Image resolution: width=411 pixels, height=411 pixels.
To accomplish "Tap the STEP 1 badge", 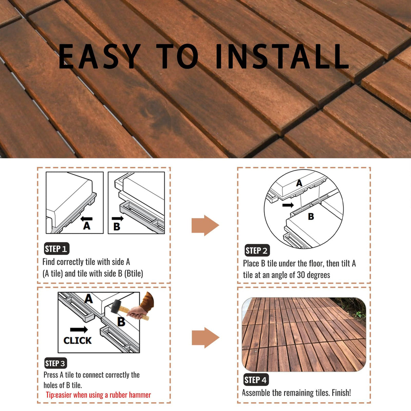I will coord(57,249).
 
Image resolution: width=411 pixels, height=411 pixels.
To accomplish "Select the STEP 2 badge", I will coord(257,251).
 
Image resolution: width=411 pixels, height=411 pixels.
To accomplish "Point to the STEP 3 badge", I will coord(56,363).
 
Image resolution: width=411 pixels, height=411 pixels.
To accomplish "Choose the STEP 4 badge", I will coord(256,380).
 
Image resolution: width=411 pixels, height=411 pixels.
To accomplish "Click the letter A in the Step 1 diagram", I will coord(87,226).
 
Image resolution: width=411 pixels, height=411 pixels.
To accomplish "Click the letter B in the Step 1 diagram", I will coord(117,226).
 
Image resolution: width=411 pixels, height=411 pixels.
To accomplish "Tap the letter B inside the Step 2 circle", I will coord(311,217).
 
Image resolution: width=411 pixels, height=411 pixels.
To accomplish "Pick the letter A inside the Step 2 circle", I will coord(299,183).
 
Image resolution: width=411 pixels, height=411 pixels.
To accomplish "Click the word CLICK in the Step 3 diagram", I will coord(78,341).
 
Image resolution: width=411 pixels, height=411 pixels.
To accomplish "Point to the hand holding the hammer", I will coord(139,312).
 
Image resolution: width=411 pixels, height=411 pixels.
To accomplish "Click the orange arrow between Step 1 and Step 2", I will coord(205,225).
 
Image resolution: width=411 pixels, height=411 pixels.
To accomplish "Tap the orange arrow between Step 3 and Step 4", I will coord(205,338).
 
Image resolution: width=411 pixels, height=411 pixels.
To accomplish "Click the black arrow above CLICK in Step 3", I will coord(79,330).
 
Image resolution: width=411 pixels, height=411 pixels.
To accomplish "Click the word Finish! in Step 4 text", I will coord(341,393).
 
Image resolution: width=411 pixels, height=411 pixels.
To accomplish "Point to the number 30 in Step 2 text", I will coord(301,275).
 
